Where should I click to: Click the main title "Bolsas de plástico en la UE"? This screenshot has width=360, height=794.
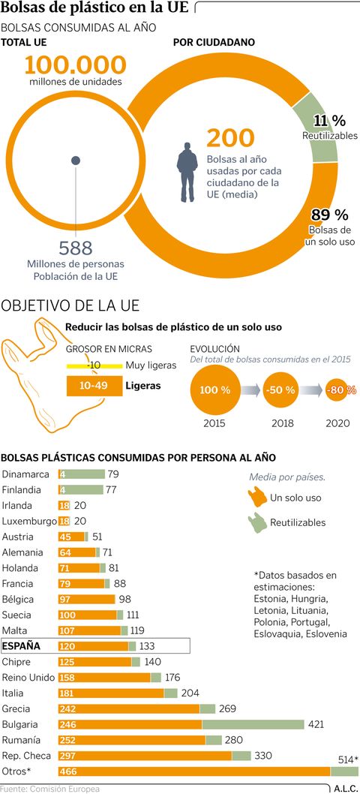95,8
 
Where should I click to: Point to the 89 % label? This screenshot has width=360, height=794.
330,215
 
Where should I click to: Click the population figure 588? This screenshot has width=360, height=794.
76,247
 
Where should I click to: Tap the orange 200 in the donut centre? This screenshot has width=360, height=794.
230,138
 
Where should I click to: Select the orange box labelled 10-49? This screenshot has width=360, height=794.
94,386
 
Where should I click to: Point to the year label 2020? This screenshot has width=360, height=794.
337,423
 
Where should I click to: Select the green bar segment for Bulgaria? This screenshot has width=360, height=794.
253,724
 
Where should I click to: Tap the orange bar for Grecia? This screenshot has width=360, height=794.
129,708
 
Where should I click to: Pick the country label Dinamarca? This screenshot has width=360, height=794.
25,474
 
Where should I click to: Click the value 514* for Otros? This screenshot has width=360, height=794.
346,759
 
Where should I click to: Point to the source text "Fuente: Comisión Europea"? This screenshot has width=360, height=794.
49,788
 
